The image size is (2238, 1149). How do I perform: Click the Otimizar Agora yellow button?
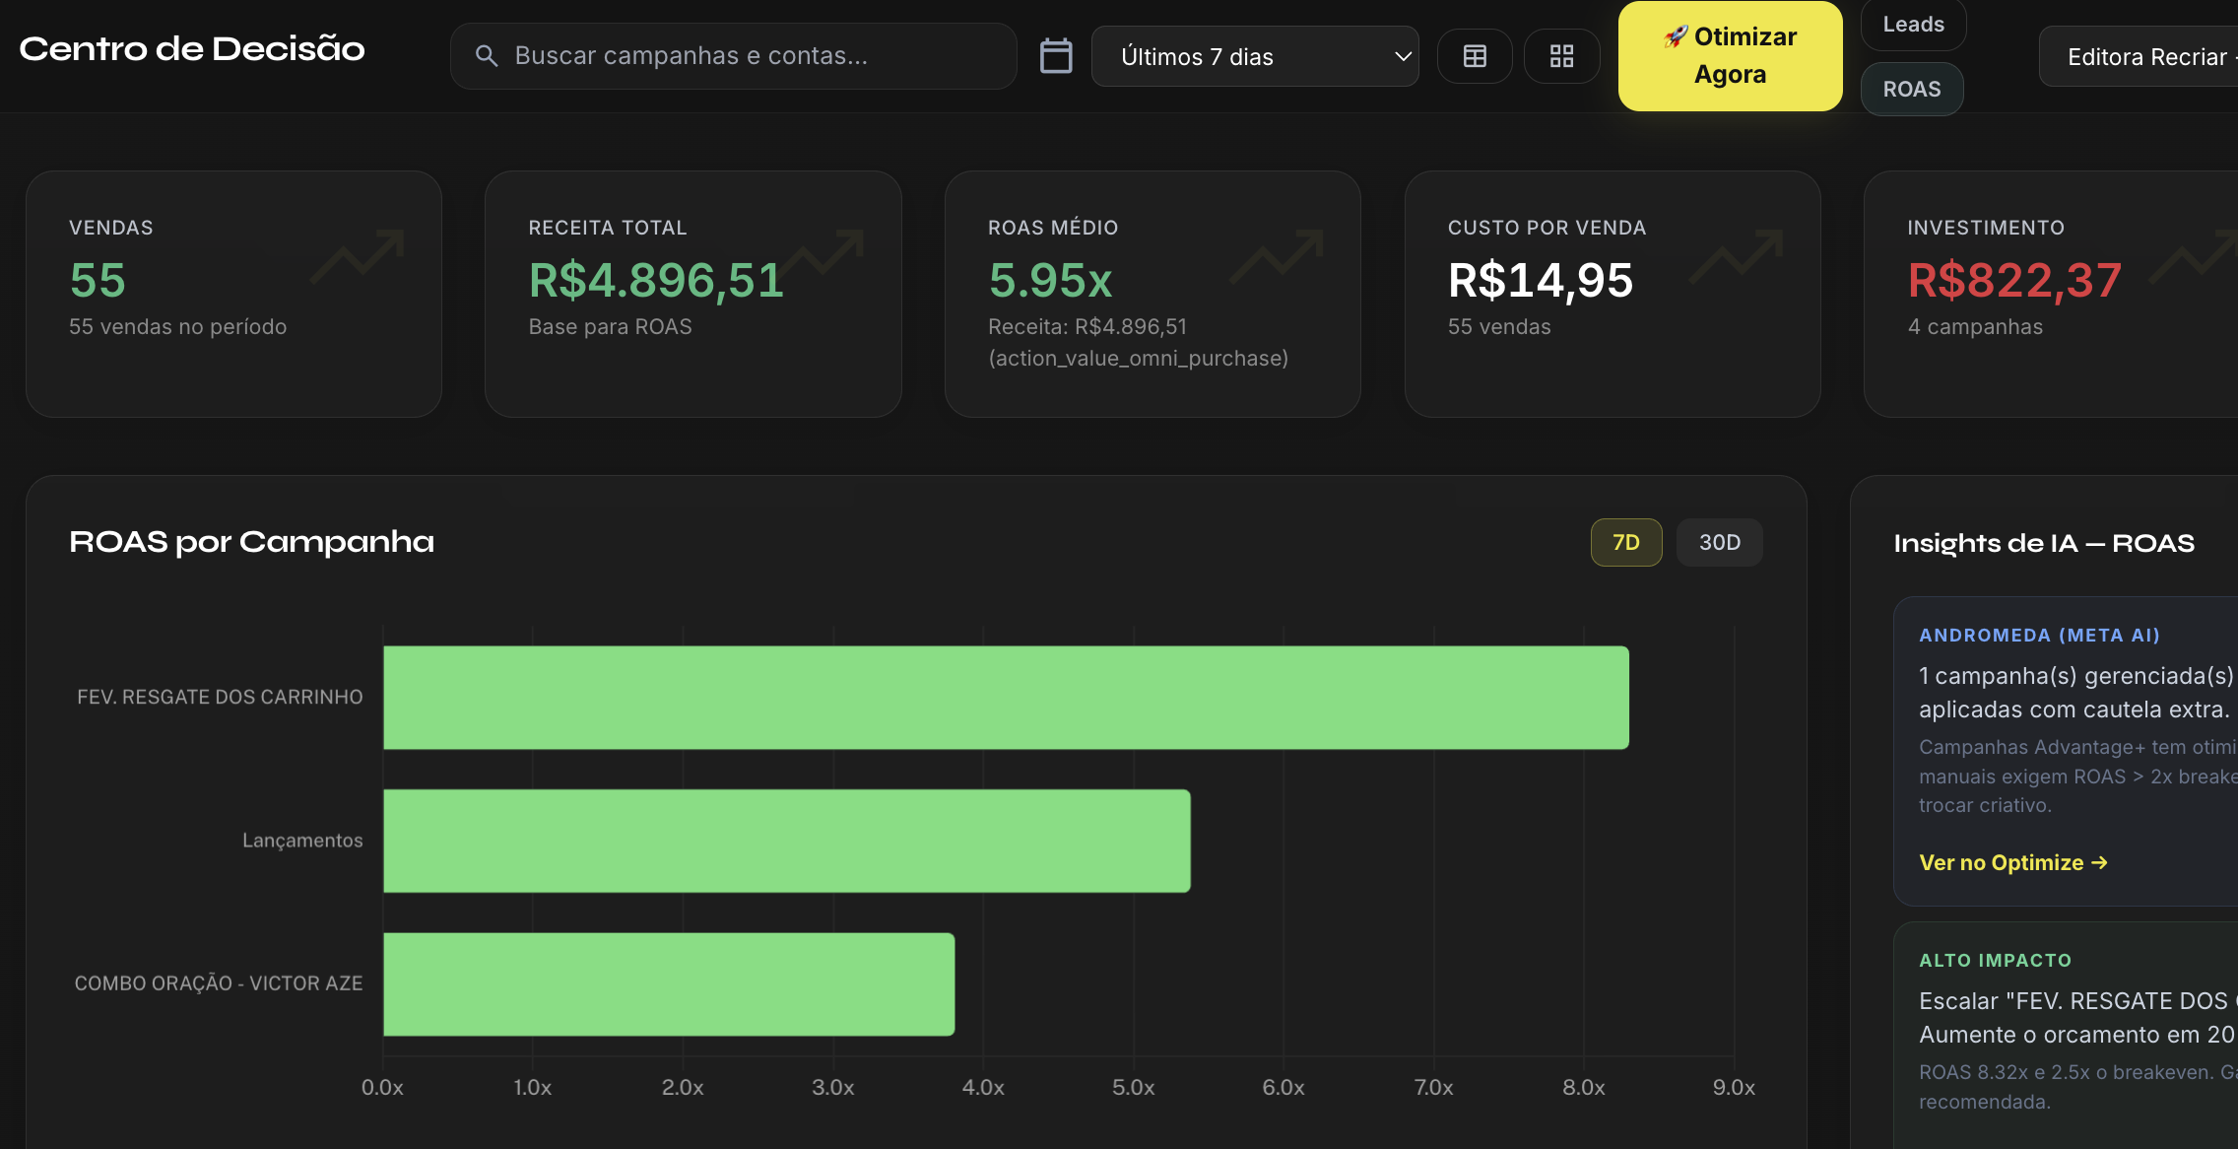tap(1730, 56)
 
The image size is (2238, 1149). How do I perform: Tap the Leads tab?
tap(1913, 25)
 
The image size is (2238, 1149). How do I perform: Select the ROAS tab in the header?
tap(1912, 89)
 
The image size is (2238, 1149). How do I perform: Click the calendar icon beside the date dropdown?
tap(1056, 56)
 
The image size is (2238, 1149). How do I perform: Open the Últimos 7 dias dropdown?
tap(1255, 57)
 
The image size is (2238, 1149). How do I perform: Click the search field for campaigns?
tap(733, 56)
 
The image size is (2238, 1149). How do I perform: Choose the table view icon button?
tap(1475, 56)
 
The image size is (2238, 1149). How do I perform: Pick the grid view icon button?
tap(1561, 56)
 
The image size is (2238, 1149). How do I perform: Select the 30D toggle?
tap(1719, 542)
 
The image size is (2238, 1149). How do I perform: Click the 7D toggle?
tap(1626, 542)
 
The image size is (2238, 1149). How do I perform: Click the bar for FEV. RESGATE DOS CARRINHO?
tap(1005, 698)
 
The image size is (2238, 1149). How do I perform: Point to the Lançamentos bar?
tap(786, 841)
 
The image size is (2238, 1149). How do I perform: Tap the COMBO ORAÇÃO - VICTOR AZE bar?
tap(668, 983)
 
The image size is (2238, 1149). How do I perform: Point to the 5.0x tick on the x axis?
tap(1133, 1088)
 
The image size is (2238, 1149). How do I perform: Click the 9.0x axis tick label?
tap(1734, 1088)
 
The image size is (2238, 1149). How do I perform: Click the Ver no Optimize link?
tap(2012, 863)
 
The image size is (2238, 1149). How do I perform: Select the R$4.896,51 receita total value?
tap(656, 281)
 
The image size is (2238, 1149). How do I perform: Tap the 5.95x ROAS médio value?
tap(1050, 281)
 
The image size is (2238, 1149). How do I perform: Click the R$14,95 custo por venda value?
tap(1540, 281)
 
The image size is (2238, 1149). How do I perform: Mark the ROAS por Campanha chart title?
tap(251, 542)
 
